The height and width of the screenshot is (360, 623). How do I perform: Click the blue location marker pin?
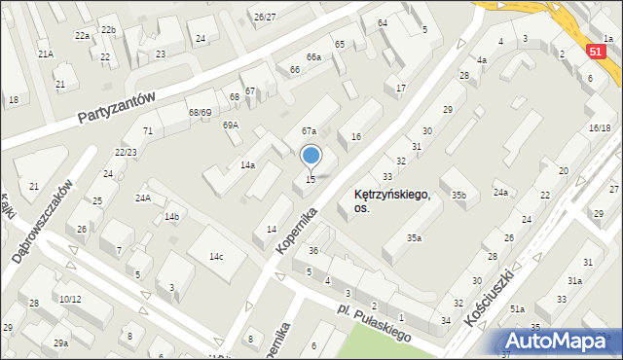(311, 156)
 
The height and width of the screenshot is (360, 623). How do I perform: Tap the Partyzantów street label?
(117, 110)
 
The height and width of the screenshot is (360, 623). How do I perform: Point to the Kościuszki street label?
(496, 297)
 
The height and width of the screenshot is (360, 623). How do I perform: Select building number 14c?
(215, 256)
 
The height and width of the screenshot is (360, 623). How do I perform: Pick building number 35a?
(415, 237)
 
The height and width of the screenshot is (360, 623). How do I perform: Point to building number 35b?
(458, 196)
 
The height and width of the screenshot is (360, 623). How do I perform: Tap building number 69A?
(231, 125)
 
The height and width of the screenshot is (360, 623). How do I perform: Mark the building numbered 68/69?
(200, 113)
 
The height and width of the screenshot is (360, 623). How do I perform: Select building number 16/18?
(600, 127)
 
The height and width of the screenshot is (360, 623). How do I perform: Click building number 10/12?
(69, 299)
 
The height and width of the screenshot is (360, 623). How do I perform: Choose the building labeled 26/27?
(264, 17)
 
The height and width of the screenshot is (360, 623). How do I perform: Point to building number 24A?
(143, 198)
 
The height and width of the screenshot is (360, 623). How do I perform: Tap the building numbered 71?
(148, 130)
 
